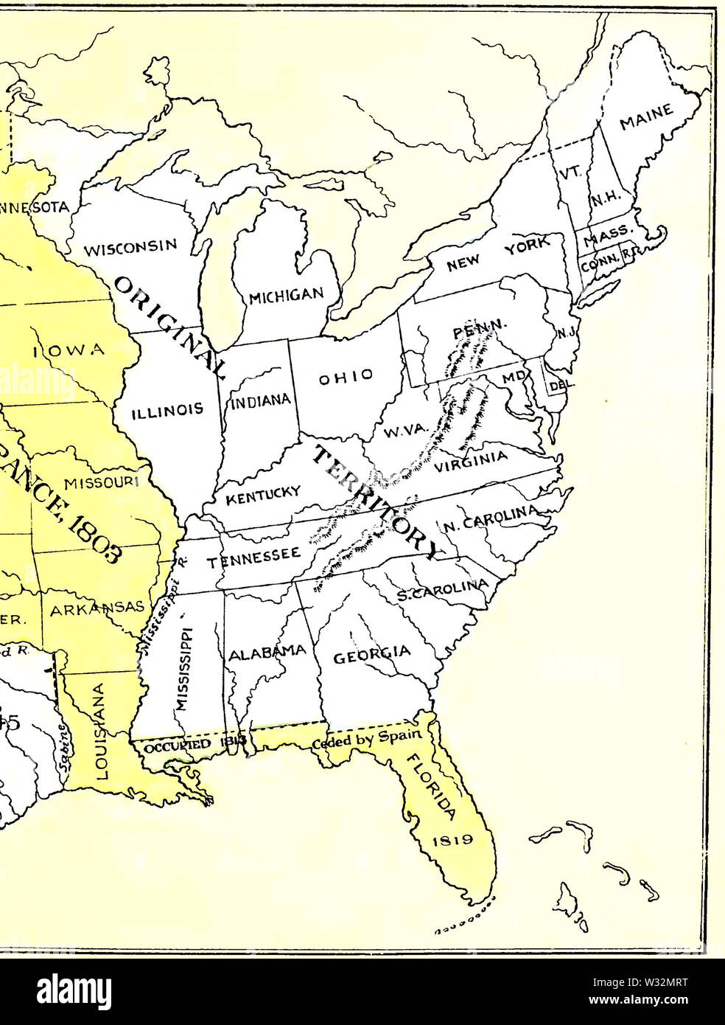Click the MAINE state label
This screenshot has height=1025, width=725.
646,116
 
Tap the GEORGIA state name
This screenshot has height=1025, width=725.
372,654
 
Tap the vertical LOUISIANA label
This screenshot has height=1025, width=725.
102,730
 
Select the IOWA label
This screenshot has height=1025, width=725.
69,350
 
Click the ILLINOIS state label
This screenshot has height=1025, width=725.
167,411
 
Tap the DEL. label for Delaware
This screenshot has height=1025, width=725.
556,383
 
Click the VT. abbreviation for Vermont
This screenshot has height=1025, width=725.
570,171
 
